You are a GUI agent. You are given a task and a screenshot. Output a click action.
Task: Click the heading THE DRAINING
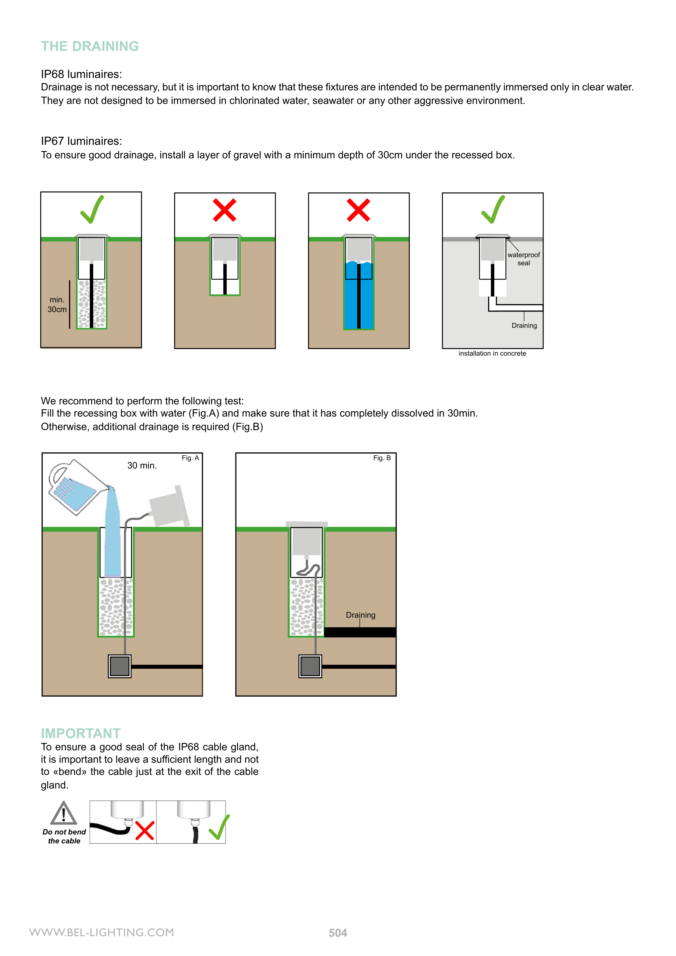pyautogui.click(x=90, y=46)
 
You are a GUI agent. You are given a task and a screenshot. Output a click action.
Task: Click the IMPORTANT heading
pyautogui.click(x=81, y=733)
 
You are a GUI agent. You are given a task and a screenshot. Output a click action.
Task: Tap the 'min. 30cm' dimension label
pyautogui.click(x=57, y=305)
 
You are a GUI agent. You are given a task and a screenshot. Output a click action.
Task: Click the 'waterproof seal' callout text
pyautogui.click(x=524, y=258)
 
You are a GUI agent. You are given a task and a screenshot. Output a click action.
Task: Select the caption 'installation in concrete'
pyautogui.click(x=492, y=353)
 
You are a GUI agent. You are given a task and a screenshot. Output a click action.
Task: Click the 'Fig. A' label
pyautogui.click(x=190, y=458)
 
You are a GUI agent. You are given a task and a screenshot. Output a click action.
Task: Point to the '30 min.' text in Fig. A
pyautogui.click(x=142, y=466)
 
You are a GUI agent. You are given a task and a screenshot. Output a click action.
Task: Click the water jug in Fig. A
pyautogui.click(x=75, y=486)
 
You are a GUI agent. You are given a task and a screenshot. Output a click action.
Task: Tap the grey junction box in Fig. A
pyautogui.click(x=120, y=666)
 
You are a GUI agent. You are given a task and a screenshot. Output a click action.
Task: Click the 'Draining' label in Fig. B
pyautogui.click(x=361, y=615)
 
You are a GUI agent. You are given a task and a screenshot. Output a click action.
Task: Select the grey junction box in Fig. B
pyautogui.click(x=310, y=666)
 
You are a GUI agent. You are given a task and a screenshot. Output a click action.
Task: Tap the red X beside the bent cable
pyautogui.click(x=145, y=830)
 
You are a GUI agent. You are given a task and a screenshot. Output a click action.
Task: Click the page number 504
pyautogui.click(x=338, y=933)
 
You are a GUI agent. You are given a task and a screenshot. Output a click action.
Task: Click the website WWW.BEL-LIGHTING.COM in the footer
pyautogui.click(x=102, y=932)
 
